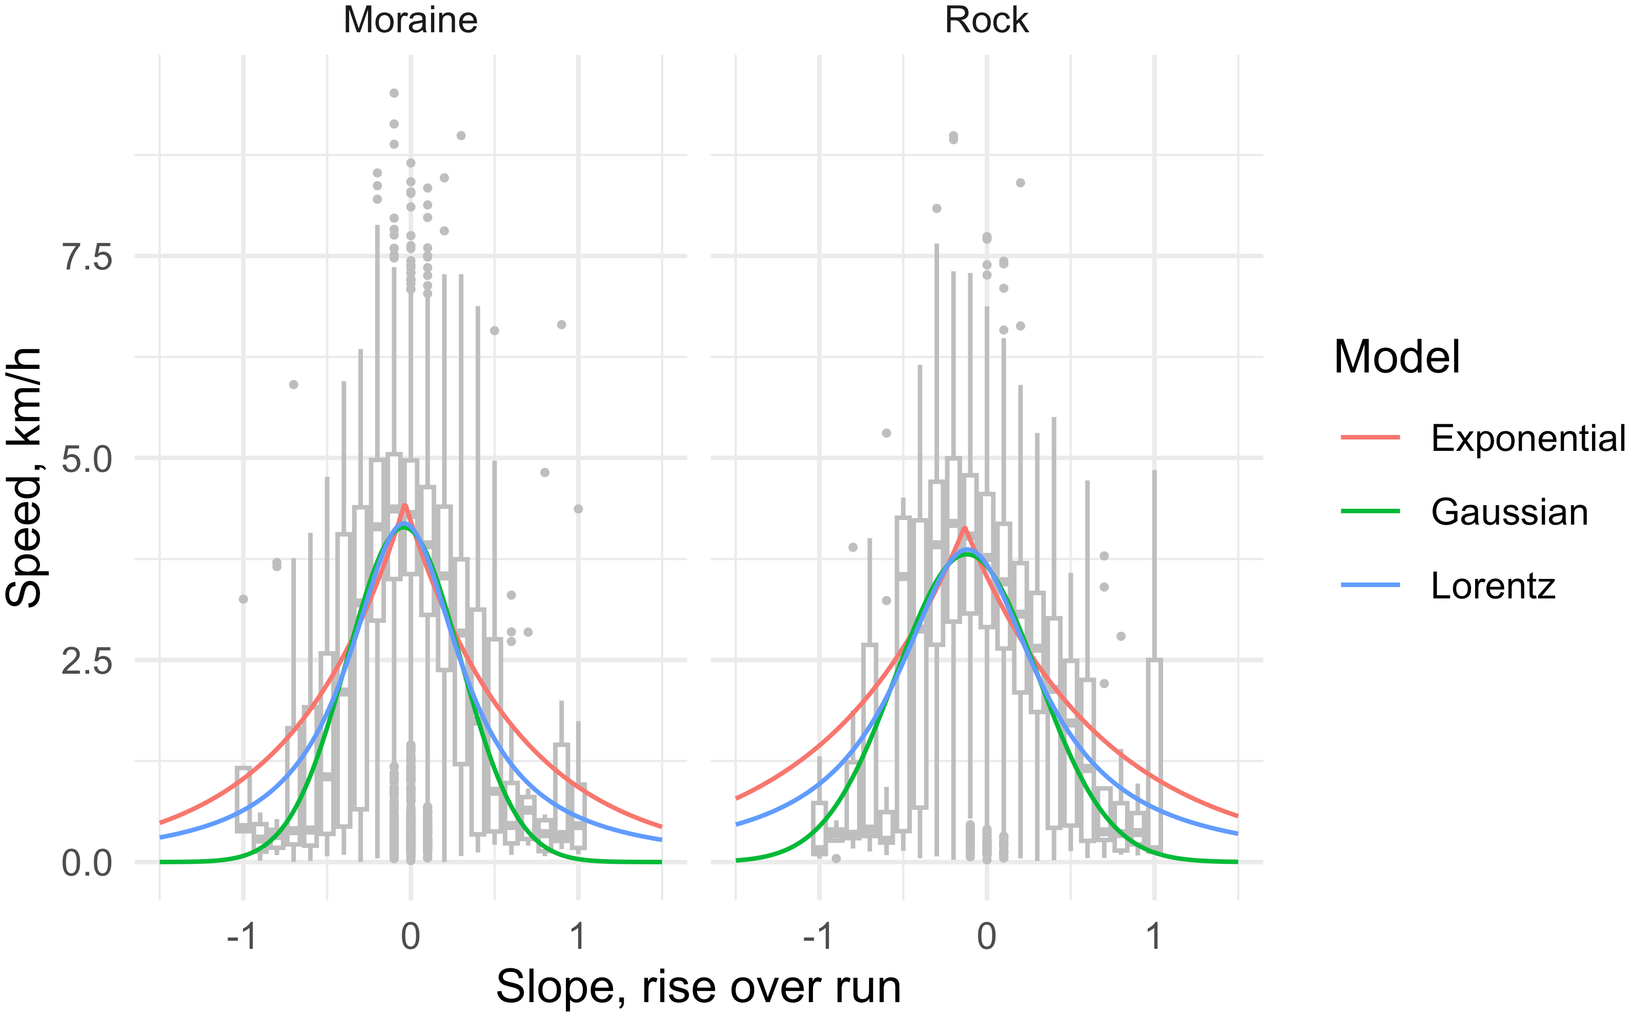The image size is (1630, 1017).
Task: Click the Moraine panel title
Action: pyautogui.click(x=411, y=20)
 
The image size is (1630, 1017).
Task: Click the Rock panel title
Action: pyautogui.click(x=986, y=20)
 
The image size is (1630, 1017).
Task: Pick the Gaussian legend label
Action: pyautogui.click(x=1510, y=512)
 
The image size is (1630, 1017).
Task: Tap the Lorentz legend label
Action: pyautogui.click(x=1493, y=586)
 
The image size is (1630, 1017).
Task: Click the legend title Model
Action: pyautogui.click(x=1397, y=357)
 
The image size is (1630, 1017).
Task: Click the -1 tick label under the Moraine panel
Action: pyautogui.click(x=242, y=936)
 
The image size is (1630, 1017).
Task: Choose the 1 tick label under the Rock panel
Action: pyautogui.click(x=1154, y=936)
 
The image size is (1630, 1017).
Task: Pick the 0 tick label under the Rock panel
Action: pyautogui.click(x=986, y=936)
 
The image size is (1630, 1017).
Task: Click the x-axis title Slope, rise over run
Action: pyautogui.click(x=698, y=987)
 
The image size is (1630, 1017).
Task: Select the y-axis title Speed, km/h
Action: pyautogui.click(x=24, y=478)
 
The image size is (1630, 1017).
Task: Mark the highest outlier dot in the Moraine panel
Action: pyautogui.click(x=394, y=93)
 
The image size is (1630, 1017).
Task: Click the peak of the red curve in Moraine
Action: pyautogui.click(x=404, y=505)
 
